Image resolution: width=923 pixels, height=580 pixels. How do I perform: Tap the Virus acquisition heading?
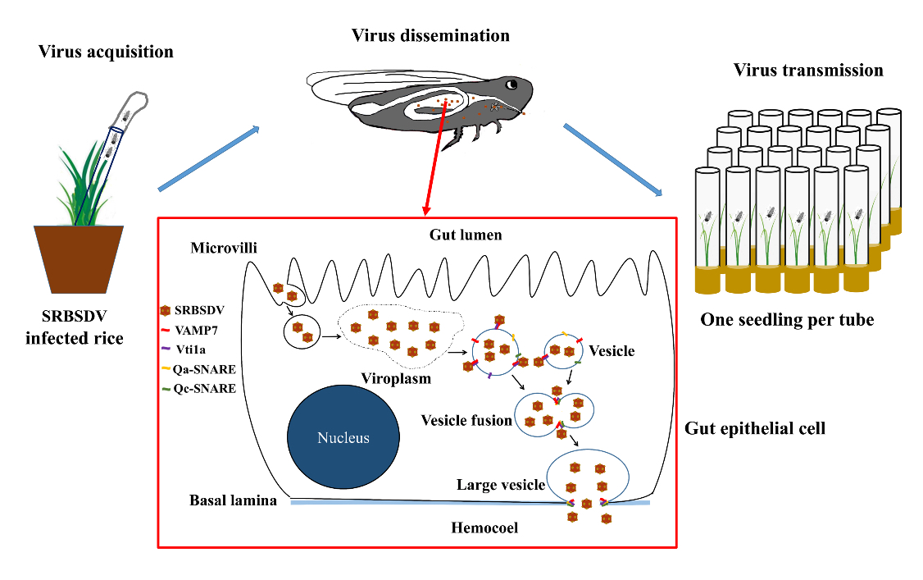click(x=106, y=52)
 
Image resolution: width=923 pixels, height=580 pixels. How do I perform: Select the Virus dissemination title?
click(x=430, y=35)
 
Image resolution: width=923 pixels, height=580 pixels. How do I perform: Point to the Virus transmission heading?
click(x=808, y=70)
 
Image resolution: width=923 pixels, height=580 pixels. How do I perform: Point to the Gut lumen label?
click(x=466, y=235)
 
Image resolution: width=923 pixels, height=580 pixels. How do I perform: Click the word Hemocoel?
click(x=484, y=527)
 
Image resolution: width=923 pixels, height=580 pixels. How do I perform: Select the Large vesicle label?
click(x=500, y=485)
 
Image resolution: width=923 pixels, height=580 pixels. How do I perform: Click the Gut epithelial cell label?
click(x=754, y=427)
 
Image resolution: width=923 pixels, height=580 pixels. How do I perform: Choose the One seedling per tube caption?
click(x=787, y=320)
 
